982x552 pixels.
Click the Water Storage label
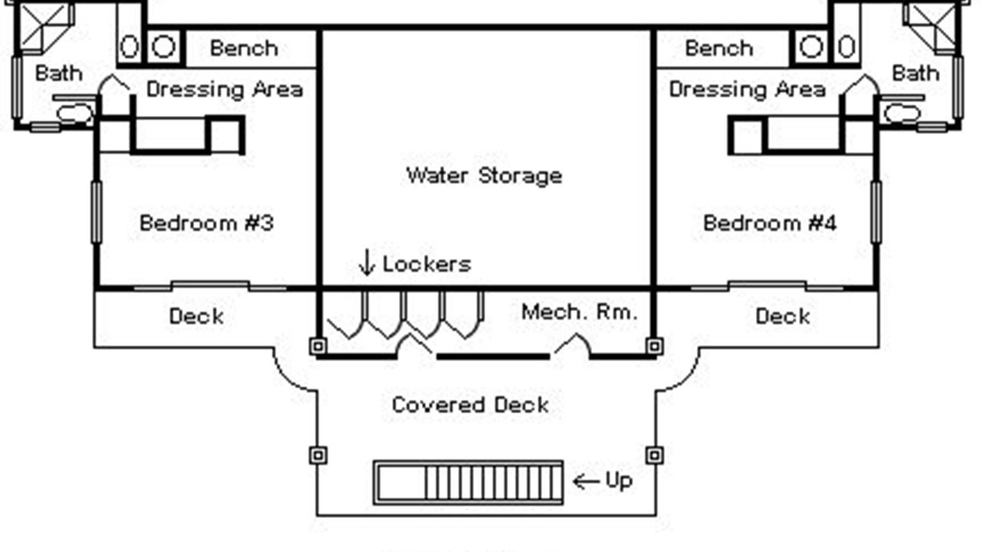tap(484, 176)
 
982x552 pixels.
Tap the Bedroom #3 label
tap(206, 223)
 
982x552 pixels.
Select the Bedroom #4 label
tap(769, 223)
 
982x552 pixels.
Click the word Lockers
tap(427, 264)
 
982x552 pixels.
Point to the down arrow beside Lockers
tap(367, 264)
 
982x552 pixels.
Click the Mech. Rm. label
tap(579, 312)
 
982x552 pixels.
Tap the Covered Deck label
tap(470, 405)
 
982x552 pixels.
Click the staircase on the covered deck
tap(469, 482)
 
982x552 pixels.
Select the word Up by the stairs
tap(618, 481)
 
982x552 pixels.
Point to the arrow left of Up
tap(586, 481)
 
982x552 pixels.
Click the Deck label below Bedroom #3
tap(196, 316)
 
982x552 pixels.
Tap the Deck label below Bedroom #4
tap(783, 316)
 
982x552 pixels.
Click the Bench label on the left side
tap(244, 48)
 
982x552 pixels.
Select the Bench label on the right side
tap(719, 48)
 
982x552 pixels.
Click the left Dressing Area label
tap(224, 90)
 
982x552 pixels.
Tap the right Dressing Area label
tap(747, 90)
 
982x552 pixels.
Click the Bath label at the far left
tap(58, 74)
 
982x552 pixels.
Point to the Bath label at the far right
tap(915, 74)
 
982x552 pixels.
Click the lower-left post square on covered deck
tap(318, 455)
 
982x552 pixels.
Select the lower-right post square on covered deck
tap(654, 455)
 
